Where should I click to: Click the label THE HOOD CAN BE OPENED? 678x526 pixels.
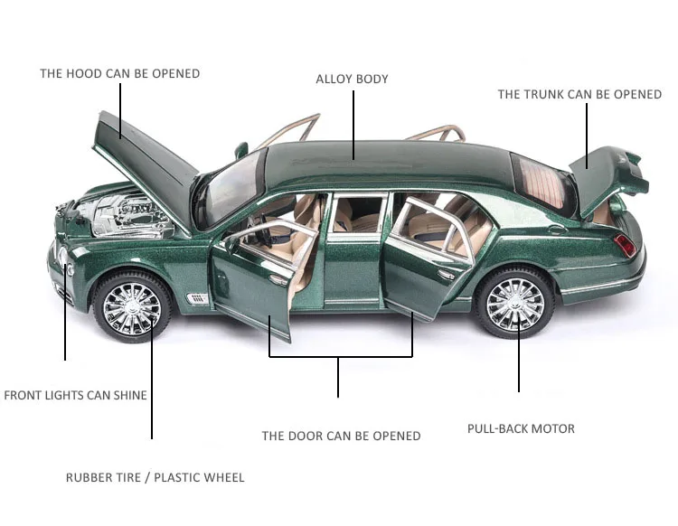(x=119, y=73)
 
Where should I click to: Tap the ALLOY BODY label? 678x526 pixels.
(x=352, y=79)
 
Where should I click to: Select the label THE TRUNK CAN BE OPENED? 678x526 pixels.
(x=579, y=94)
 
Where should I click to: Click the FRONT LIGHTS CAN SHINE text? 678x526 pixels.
(x=75, y=395)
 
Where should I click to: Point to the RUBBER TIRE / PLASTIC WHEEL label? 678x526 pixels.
(x=155, y=477)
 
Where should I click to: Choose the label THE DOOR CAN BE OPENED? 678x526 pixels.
(x=341, y=436)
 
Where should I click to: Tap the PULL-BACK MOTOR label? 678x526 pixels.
(x=521, y=428)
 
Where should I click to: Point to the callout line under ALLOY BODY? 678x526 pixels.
(x=353, y=122)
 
